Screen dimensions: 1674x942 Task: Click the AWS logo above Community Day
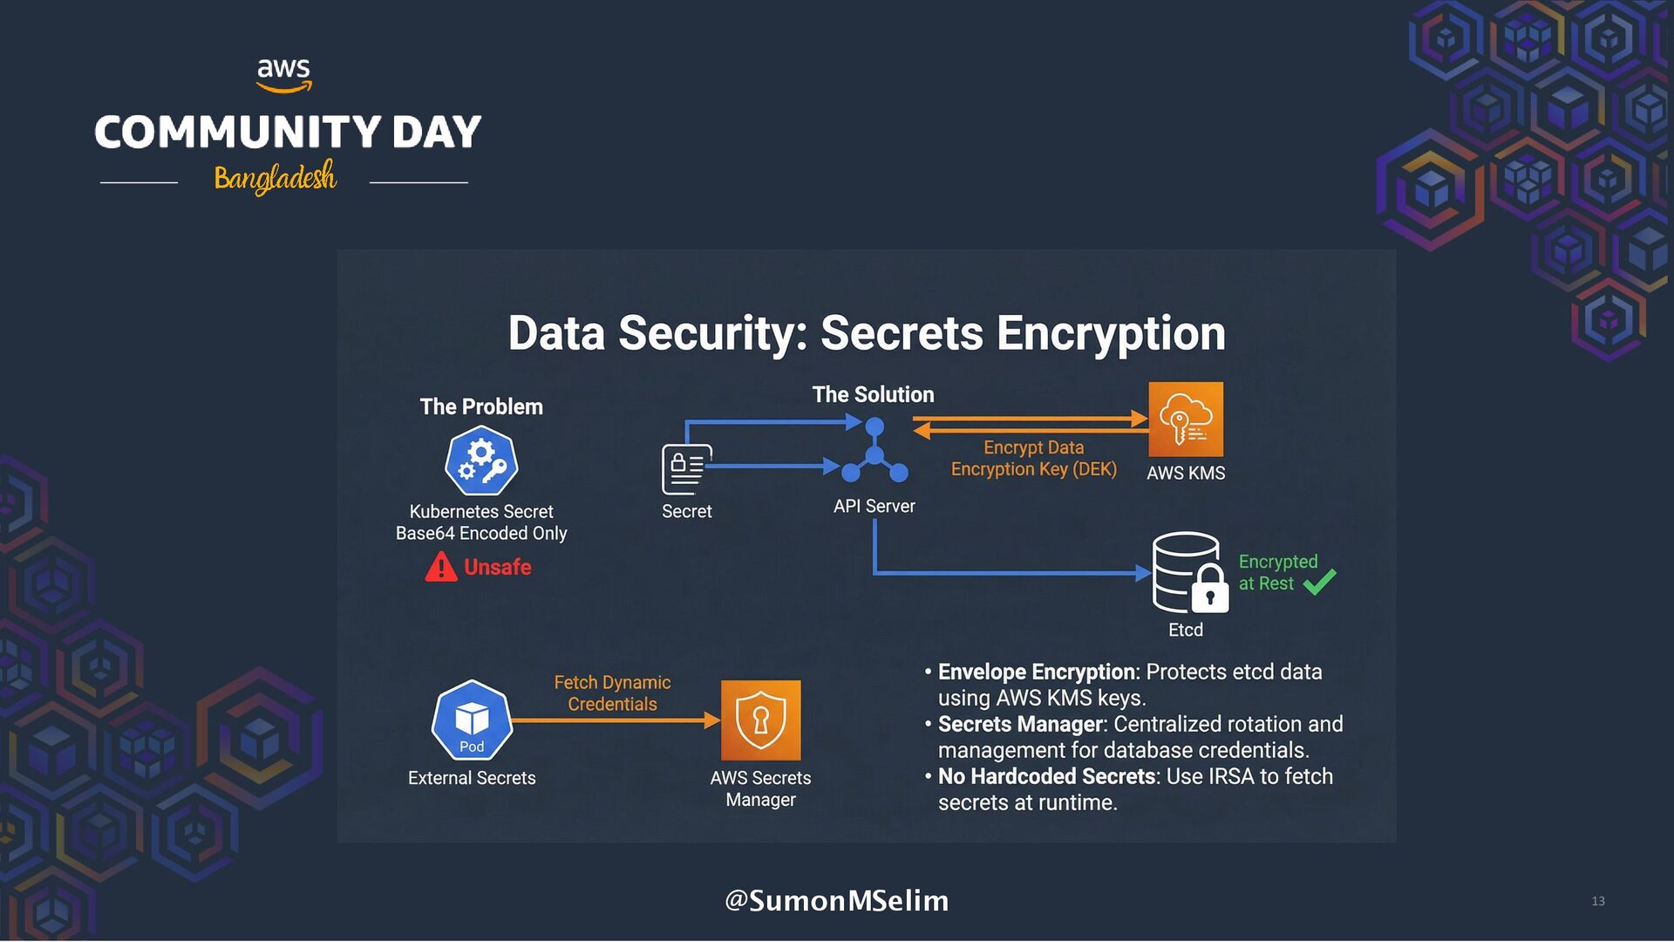click(x=283, y=73)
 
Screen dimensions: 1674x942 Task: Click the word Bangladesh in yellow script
click(x=276, y=177)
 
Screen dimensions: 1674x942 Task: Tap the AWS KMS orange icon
click(x=1185, y=420)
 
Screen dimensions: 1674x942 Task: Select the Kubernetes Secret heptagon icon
click(x=481, y=461)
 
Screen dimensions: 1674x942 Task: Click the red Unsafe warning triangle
click(x=441, y=567)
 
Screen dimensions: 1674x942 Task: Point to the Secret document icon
click(x=686, y=468)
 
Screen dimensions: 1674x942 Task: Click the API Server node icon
click(x=874, y=451)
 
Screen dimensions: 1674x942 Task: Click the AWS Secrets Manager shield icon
click(x=760, y=720)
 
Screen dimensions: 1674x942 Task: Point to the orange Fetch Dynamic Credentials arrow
click(x=616, y=720)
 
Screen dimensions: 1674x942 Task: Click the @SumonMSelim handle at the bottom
click(x=836, y=900)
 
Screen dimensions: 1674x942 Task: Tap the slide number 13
click(x=1597, y=901)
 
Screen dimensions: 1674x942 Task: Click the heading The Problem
click(x=481, y=406)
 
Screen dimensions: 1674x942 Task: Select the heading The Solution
click(x=873, y=394)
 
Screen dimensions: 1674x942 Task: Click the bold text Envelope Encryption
click(x=1036, y=672)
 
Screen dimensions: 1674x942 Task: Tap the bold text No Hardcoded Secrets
click(x=1046, y=776)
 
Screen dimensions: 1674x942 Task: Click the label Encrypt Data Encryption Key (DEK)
click(x=1033, y=458)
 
